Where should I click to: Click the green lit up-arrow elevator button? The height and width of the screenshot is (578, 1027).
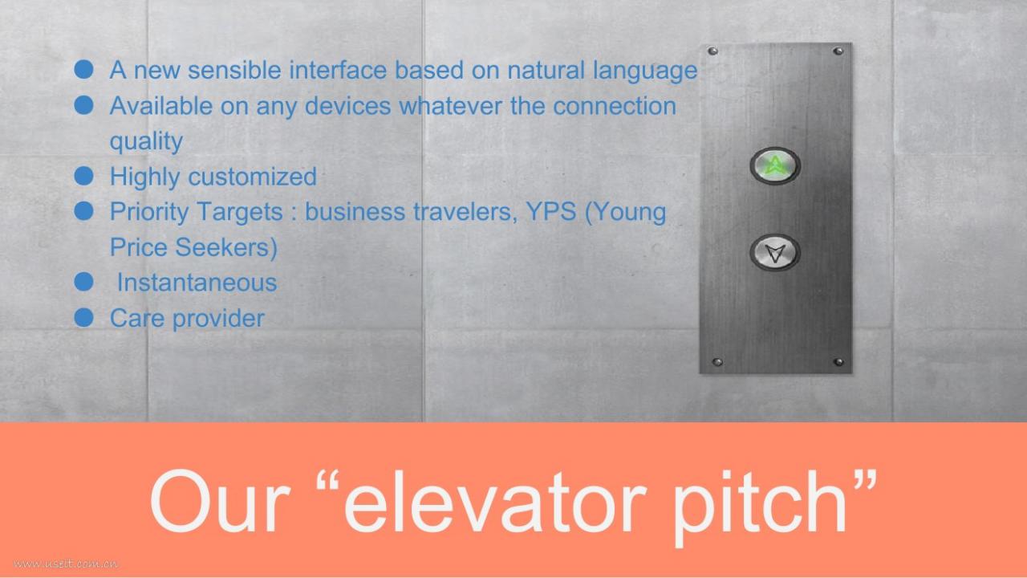tap(775, 165)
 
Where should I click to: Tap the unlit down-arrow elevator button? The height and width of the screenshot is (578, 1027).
tap(775, 252)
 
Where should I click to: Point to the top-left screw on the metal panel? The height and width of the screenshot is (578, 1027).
tap(712, 51)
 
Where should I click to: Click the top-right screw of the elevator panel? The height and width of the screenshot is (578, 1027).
tap(838, 51)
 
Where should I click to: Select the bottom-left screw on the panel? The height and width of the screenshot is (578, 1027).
tap(717, 362)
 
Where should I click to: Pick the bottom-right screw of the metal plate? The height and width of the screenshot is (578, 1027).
tap(838, 362)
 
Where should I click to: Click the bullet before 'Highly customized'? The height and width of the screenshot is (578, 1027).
tap(84, 176)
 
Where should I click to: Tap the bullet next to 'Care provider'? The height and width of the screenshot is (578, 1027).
tap(84, 317)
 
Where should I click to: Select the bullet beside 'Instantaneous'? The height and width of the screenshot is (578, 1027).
tap(84, 282)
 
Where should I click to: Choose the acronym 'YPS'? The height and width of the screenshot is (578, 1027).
tap(551, 211)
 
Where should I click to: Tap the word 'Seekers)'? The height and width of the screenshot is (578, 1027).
tap(226, 248)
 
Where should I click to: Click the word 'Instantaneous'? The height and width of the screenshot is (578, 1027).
tap(197, 282)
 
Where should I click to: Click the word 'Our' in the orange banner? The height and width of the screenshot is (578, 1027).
tap(220, 502)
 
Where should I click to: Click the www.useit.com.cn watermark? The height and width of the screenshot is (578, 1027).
tap(65, 564)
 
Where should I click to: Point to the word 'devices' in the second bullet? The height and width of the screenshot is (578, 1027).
tap(347, 106)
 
